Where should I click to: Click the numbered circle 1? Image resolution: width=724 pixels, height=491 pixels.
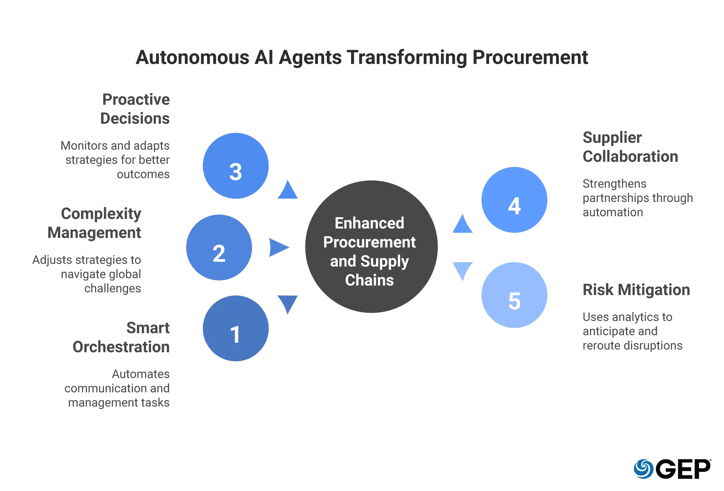[x=236, y=328]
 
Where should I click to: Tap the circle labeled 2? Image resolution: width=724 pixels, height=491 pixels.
[x=219, y=247]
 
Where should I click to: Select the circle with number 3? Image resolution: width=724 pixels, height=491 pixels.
[x=236, y=166]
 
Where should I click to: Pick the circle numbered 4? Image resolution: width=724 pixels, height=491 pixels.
[x=514, y=200]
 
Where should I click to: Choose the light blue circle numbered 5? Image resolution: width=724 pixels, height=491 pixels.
[x=514, y=295]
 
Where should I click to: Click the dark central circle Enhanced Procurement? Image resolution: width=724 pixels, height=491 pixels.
[x=372, y=247]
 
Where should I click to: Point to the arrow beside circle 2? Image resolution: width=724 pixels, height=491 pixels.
[x=278, y=248]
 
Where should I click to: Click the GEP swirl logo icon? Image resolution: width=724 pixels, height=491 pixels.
[x=644, y=469]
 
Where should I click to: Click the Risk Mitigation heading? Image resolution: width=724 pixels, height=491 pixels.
[x=636, y=290]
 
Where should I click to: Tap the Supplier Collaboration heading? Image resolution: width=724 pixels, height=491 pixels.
[x=631, y=147]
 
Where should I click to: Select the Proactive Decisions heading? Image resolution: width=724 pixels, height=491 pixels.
[x=135, y=109]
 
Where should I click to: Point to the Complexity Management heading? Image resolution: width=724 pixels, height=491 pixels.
[x=94, y=223]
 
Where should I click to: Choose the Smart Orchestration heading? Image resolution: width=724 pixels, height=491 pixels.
[x=121, y=337]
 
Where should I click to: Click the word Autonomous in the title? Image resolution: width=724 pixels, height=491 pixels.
[x=193, y=57]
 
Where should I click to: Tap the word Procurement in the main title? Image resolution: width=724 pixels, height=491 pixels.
[x=530, y=57]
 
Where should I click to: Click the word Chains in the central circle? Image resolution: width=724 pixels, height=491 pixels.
[x=370, y=280]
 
